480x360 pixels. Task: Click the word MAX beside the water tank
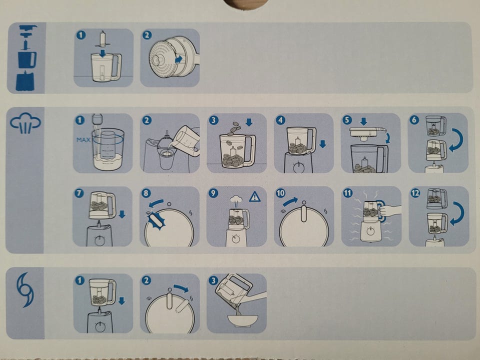pos(83,140)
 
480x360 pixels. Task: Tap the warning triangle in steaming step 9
pos(254,197)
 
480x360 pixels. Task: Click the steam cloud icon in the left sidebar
pos(25,123)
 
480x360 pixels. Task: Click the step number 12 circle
pos(415,193)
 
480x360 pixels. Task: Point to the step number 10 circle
pos(280,193)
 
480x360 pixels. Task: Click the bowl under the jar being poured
pos(242,320)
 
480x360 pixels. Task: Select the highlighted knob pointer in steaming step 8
pos(156,221)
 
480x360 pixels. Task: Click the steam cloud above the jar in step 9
pos(236,200)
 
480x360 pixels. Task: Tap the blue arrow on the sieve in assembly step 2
pos(178,59)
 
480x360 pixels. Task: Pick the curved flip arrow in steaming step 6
pos(457,140)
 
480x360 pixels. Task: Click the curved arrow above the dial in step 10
pos(289,201)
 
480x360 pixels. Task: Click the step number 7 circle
pos(79,193)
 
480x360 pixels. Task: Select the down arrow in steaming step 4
pos(322,144)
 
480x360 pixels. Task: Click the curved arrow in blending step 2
pos(181,288)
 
